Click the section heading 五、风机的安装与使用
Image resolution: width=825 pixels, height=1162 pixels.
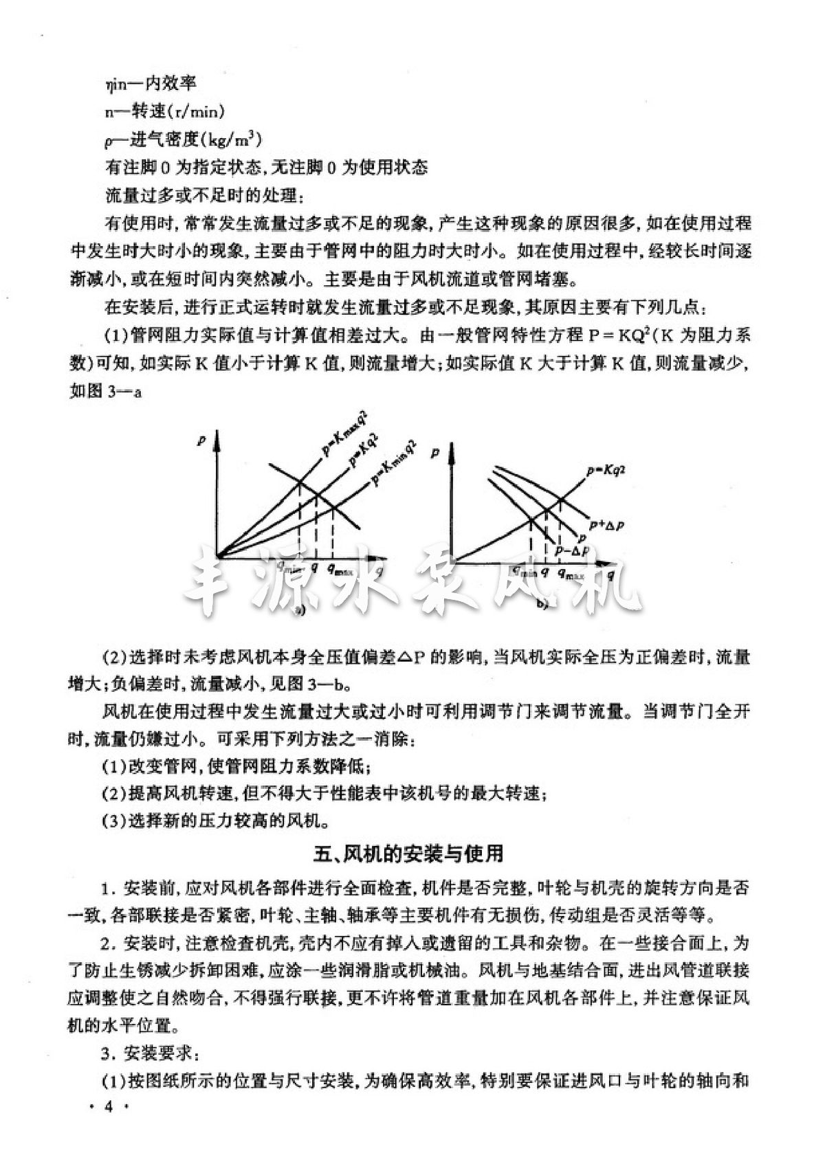[409, 853]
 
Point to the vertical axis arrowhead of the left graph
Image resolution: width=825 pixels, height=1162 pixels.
[219, 435]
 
